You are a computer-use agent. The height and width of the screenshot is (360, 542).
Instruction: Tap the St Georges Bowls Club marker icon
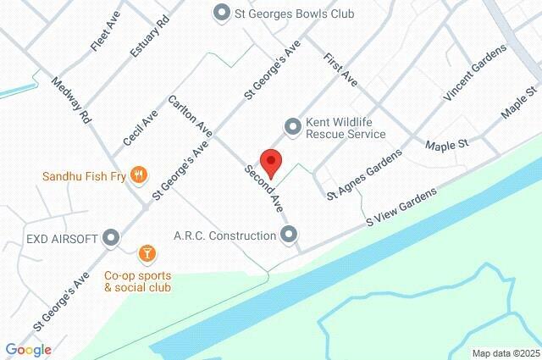tap(222, 13)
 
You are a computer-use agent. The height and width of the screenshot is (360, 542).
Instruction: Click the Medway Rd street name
tap(71, 101)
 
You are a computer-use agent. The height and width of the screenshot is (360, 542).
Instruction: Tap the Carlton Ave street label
tap(190, 118)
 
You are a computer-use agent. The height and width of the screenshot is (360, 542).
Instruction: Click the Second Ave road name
tap(263, 186)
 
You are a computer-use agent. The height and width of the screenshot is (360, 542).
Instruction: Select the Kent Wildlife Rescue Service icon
tap(293, 126)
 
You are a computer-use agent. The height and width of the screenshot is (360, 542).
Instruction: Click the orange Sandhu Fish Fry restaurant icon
tap(141, 176)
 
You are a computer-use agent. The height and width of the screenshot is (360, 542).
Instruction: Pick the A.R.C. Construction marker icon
tap(290, 235)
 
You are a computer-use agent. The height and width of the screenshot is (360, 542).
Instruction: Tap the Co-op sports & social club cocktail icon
tap(147, 252)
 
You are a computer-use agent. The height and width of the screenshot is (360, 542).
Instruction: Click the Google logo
tap(28, 350)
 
